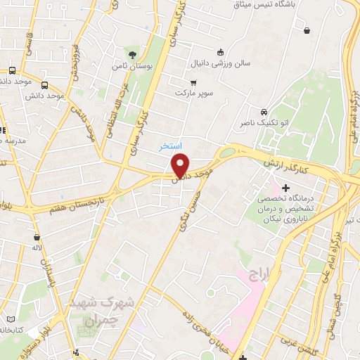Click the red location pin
click(x=181, y=165)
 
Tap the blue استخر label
click(x=170, y=146)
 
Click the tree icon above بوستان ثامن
click(x=132, y=53)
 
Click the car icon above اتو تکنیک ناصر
click(x=263, y=112)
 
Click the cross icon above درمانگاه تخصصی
click(x=285, y=188)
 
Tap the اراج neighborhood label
click(x=258, y=274)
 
